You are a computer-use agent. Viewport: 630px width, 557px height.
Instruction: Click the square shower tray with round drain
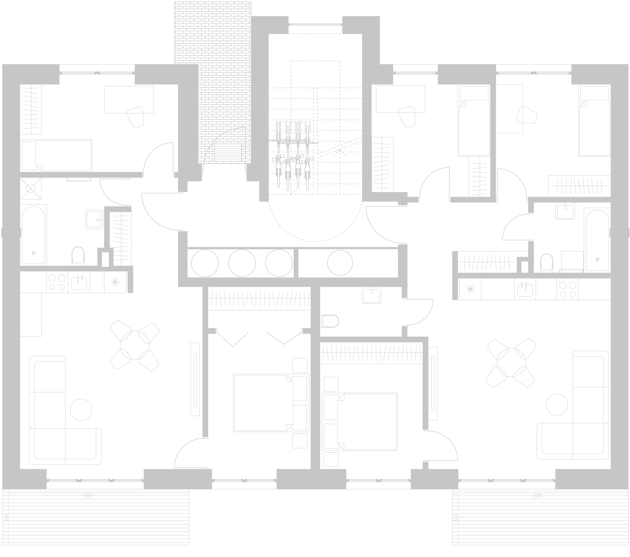(31, 188)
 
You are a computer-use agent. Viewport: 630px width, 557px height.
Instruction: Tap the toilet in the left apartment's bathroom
(78, 255)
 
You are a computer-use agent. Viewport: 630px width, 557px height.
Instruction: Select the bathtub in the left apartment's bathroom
(33, 235)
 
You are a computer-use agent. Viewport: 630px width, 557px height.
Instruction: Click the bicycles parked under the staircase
(293, 157)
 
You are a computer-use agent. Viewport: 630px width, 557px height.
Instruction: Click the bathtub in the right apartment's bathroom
(597, 240)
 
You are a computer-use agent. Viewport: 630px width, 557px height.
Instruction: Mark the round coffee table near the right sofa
(557, 404)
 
